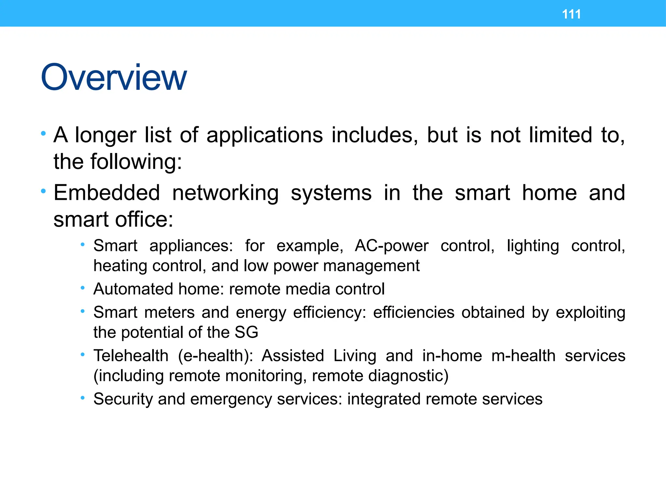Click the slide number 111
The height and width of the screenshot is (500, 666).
[x=571, y=14]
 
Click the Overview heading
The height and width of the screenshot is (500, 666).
[x=114, y=77]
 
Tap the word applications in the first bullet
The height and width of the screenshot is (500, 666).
[x=264, y=135]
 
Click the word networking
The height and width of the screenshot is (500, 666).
[x=225, y=193]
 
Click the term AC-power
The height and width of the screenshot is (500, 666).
[x=392, y=246]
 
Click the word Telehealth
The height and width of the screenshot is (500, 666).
[x=131, y=355]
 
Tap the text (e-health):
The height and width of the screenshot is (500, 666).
[x=216, y=356]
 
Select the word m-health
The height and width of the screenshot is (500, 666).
[x=523, y=355]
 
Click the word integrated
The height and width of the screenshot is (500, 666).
[x=384, y=399]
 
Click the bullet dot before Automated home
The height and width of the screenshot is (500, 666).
[x=83, y=288]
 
